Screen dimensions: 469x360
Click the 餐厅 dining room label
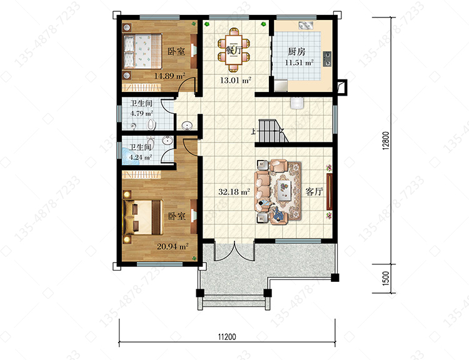pyautogui.click(x=233, y=50)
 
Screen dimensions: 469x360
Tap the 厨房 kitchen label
pyautogui.click(x=296, y=51)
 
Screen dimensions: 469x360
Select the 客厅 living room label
pyautogui.click(x=314, y=191)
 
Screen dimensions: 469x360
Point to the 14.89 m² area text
pyautogui.click(x=169, y=76)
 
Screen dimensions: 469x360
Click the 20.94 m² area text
pyautogui.click(x=173, y=246)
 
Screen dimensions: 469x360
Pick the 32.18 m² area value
pyautogui.click(x=234, y=192)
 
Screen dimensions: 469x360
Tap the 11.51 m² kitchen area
pyautogui.click(x=299, y=62)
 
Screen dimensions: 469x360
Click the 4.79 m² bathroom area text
pyautogui.click(x=142, y=113)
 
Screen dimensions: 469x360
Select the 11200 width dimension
pyautogui.click(x=227, y=337)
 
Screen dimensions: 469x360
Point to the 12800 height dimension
pyautogui.click(x=386, y=141)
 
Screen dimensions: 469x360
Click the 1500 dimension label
pyautogui.click(x=386, y=278)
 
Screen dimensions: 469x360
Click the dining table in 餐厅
pyautogui.click(x=234, y=50)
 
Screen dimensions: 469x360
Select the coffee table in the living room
pyautogui.click(x=284, y=190)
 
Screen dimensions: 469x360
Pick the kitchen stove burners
pyautogui.click(x=327, y=59)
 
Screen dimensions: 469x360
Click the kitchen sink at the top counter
pyautogui.click(x=306, y=26)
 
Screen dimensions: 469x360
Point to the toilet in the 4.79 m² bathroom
pyautogui.click(x=152, y=124)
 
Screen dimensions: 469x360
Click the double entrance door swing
pyautogui.click(x=234, y=251)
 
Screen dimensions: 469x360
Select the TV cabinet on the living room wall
pyautogui.click(x=330, y=191)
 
